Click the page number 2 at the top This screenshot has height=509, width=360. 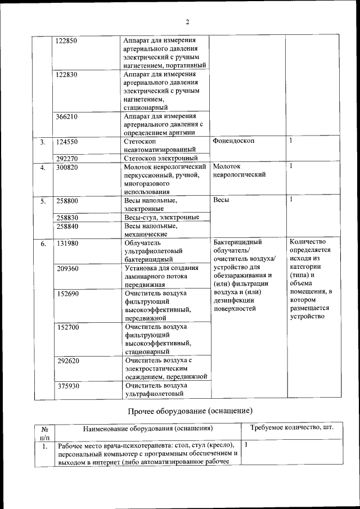tap(188, 22)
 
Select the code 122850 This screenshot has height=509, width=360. tap(67, 41)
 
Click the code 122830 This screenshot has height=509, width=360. tap(67, 74)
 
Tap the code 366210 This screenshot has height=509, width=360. tap(67, 116)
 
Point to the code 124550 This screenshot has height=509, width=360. tap(67, 142)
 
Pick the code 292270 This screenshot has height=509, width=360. tap(67, 159)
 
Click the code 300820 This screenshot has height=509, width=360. tap(67, 167)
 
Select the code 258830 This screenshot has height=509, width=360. tap(67, 217)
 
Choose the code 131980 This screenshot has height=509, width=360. tap(67, 243)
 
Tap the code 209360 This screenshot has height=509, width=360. tap(67, 268)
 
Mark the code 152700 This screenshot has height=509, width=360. tap(67, 327)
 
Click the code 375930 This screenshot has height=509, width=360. tap(67, 386)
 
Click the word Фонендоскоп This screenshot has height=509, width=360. tap(233, 141)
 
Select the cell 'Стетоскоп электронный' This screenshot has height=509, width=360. tap(160, 159)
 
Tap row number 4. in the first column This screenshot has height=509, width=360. tap(43, 168)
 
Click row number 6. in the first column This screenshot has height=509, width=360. tap(43, 244)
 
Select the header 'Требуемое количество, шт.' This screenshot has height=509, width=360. tap(291, 428)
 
